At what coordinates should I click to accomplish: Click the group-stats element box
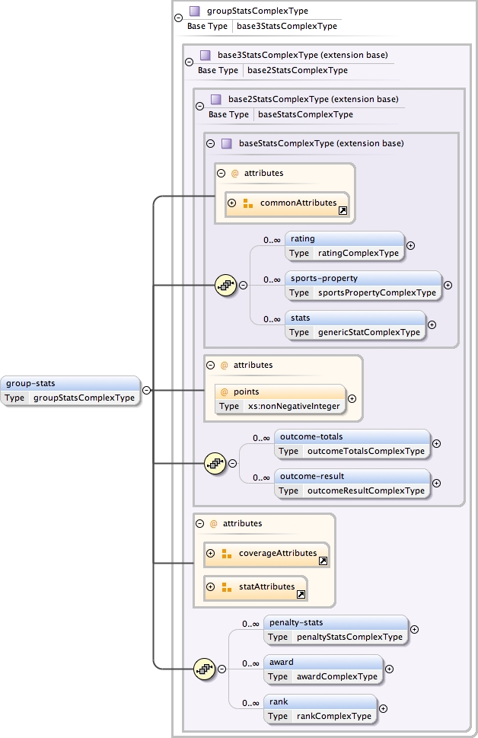point(71,390)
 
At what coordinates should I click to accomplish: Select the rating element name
point(303,239)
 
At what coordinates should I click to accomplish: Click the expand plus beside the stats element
point(432,324)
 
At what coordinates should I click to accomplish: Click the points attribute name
point(247,391)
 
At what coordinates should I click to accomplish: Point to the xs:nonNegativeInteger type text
point(292,406)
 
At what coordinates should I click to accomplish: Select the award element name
point(282,662)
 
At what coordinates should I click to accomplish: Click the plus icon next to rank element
point(383,708)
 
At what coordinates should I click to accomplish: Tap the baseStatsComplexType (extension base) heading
point(320,143)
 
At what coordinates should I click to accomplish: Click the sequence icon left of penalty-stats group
point(206,669)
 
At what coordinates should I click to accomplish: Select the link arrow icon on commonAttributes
point(343,211)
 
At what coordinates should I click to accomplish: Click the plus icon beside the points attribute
point(352,398)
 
